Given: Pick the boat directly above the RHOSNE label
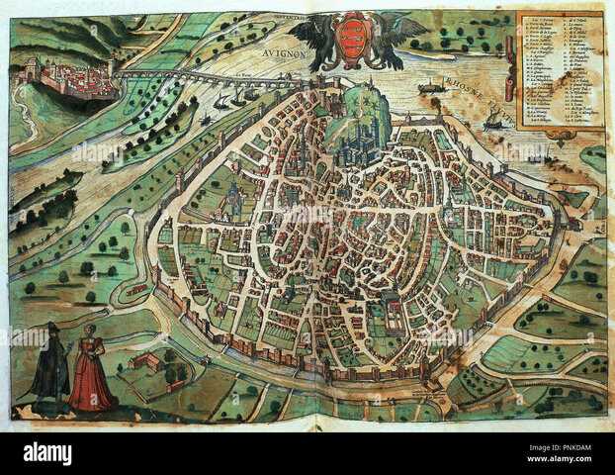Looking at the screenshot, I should click(431, 87).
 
